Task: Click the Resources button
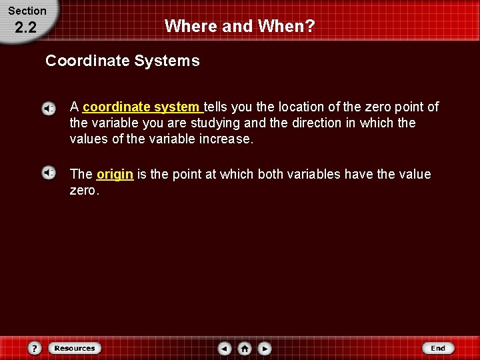click(74, 348)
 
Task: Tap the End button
click(438, 348)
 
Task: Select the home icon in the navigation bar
click(245, 348)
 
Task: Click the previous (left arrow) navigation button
click(225, 348)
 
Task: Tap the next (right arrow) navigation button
click(265, 348)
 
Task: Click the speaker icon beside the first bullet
click(49, 108)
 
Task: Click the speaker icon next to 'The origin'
click(49, 173)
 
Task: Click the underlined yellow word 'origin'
click(115, 174)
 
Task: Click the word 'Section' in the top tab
click(27, 11)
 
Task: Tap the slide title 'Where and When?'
click(239, 26)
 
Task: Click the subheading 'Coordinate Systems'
click(122, 61)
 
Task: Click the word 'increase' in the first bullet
click(229, 139)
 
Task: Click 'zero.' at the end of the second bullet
click(85, 191)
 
